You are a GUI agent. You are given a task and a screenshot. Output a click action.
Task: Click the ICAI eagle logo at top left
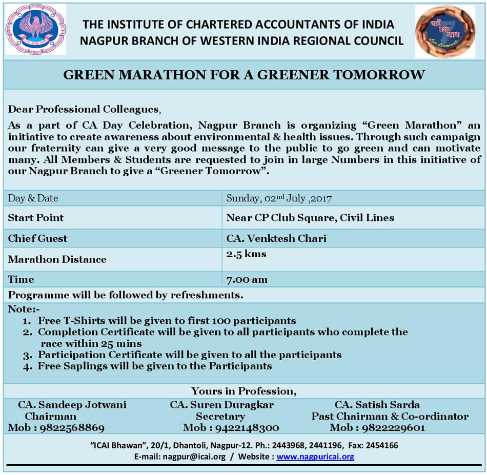35,29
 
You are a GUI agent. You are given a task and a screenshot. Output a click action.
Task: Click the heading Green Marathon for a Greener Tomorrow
244,75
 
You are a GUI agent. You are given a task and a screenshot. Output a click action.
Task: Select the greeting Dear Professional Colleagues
84,109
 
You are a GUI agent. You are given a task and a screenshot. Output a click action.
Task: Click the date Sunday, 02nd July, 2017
280,198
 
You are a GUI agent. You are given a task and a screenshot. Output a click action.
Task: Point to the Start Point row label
36,218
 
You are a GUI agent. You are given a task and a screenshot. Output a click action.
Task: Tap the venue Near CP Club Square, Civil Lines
310,218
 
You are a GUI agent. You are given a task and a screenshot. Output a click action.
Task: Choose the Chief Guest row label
37,238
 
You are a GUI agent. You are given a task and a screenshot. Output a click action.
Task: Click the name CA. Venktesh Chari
276,238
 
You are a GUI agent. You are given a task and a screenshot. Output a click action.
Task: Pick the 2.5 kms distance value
246,254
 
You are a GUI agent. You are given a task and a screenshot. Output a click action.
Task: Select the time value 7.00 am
247,280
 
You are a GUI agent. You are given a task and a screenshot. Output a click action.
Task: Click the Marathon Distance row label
57,259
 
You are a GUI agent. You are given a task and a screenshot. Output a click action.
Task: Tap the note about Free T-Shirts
167,321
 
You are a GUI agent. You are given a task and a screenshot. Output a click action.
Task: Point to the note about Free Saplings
155,366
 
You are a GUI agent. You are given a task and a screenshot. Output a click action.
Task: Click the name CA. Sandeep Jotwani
72,405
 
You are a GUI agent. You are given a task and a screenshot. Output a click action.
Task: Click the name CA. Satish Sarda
377,405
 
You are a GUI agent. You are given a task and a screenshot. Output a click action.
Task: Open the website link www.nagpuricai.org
315,457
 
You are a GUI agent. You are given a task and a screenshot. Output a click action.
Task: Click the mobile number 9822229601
392,428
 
